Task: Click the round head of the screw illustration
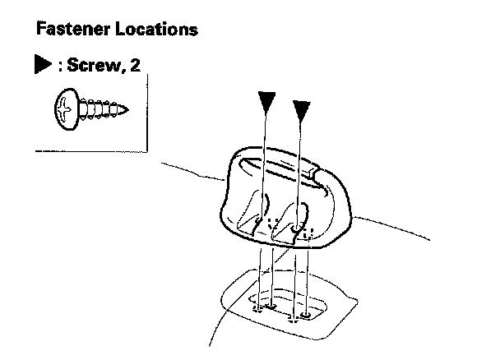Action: (x=65, y=107)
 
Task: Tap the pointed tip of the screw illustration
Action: (x=127, y=107)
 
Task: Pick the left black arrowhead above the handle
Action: (x=265, y=101)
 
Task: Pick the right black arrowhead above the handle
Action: (x=302, y=106)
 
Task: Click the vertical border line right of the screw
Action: (x=148, y=115)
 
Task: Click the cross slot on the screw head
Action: (x=65, y=107)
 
